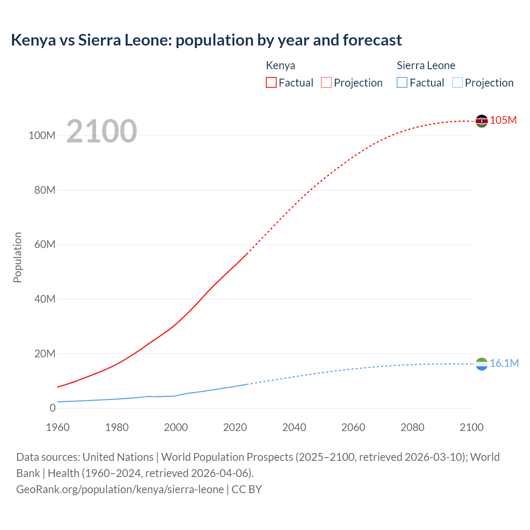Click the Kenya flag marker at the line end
[482, 121]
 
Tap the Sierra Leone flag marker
[482, 364]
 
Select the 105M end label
[503, 120]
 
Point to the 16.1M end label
[504, 363]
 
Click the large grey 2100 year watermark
[101, 131]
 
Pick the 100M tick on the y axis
[42, 136]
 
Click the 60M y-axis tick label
[45, 245]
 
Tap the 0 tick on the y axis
[52, 408]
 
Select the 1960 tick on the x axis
[58, 427]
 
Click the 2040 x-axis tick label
[294, 427]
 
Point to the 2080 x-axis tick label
[412, 427]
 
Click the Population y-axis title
[17, 257]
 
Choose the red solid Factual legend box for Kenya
[271, 82]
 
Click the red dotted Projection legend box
[326, 82]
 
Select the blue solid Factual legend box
[402, 82]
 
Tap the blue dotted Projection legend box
[457, 82]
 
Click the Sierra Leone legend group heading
[426, 65]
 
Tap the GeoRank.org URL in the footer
[120, 489]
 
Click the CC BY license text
[247, 489]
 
